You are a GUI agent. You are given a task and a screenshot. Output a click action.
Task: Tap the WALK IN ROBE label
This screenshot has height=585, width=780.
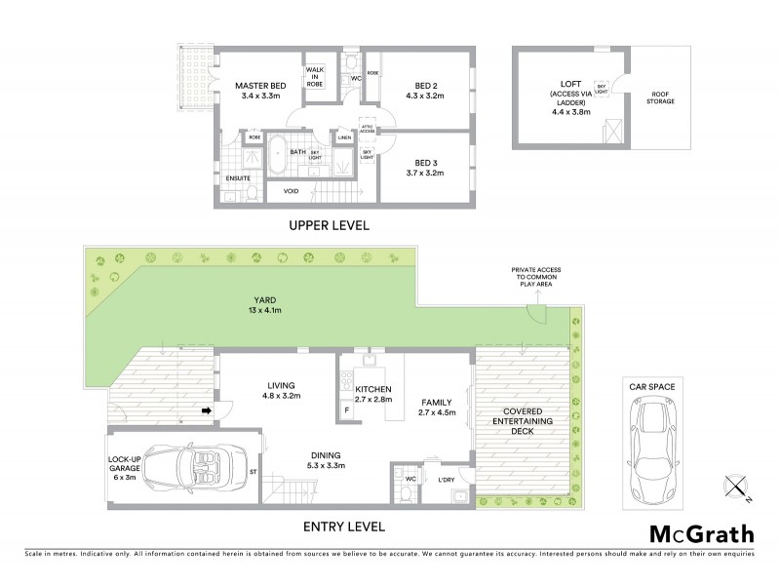(315, 77)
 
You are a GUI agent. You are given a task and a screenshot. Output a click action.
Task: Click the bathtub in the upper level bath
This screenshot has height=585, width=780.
(277, 155)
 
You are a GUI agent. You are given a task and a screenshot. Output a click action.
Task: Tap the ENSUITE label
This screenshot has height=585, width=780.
(238, 178)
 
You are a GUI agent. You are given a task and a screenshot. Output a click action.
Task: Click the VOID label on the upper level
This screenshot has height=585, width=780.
(291, 191)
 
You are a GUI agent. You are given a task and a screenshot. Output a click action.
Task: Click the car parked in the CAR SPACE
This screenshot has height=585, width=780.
(653, 444)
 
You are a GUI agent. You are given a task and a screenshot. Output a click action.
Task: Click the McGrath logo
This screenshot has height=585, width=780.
(701, 533)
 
